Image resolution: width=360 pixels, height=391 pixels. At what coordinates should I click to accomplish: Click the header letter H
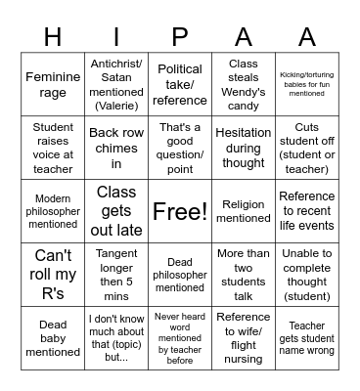53,37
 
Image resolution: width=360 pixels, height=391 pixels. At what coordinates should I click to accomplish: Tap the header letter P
180,37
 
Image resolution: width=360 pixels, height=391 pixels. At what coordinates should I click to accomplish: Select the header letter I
116,37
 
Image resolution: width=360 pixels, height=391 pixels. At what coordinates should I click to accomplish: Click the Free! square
180,211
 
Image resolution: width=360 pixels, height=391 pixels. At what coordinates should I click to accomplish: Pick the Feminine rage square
53,85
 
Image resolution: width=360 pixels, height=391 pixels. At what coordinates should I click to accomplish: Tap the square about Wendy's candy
244,85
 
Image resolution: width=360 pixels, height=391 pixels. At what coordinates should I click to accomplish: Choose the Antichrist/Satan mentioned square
116,85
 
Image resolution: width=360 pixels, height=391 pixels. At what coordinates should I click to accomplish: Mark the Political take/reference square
180,85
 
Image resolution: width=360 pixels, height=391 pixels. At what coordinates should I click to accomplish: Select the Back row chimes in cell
116,148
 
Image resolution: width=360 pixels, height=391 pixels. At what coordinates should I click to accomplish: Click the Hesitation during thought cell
244,148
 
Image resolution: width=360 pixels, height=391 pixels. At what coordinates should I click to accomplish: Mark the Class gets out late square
116,211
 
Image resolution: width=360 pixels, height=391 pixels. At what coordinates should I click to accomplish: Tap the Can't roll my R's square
53,274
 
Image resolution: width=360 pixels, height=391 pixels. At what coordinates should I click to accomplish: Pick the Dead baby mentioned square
53,337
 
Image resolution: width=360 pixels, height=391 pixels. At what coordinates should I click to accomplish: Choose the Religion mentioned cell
244,211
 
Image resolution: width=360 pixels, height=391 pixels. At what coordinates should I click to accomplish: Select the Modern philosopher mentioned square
53,211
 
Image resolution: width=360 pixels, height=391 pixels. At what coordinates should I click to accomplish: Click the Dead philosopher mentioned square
180,274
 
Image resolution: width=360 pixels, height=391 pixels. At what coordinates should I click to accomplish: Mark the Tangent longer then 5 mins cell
116,274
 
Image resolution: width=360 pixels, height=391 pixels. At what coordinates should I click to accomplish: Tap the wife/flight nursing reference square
244,337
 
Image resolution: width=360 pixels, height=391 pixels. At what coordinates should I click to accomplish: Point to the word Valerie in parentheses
116,106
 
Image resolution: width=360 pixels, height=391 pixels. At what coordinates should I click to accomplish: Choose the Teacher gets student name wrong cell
307,337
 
